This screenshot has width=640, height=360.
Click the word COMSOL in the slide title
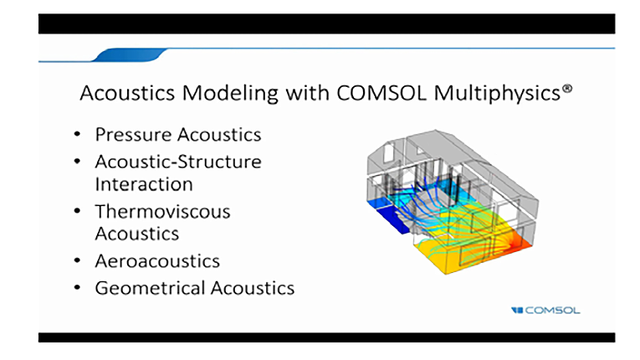pyautogui.click(x=381, y=93)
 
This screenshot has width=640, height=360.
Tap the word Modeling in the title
pyautogui.click(x=230, y=94)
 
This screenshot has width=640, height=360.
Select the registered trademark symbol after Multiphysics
pyautogui.click(x=567, y=89)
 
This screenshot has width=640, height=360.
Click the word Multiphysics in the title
pyautogui.click(x=497, y=94)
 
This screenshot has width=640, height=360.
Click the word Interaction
pyautogui.click(x=144, y=184)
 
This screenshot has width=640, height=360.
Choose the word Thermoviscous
pyautogui.click(x=162, y=211)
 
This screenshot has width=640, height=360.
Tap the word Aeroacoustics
pyautogui.click(x=157, y=261)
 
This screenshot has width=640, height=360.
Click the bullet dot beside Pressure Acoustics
pyautogui.click(x=77, y=134)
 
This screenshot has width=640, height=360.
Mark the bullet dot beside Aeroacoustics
pyautogui.click(x=77, y=260)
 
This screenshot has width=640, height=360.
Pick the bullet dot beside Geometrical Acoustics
pyautogui.click(x=77, y=287)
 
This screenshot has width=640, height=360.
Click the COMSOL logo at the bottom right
pyautogui.click(x=545, y=311)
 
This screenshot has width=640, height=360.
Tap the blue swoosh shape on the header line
pyautogui.click(x=130, y=54)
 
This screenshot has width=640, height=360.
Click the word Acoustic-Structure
pyautogui.click(x=178, y=162)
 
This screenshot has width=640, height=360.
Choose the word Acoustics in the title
pyautogui.click(x=127, y=93)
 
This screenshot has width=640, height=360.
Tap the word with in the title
pyautogui.click(x=307, y=93)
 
